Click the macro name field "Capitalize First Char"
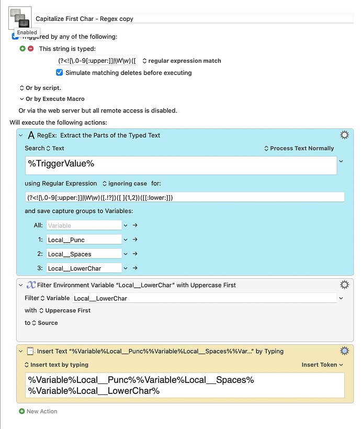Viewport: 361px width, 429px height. tap(194, 19)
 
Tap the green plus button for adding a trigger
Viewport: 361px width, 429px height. tap(22, 49)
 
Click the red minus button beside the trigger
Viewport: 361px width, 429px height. tap(30, 49)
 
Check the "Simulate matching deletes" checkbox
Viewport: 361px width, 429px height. tap(60, 73)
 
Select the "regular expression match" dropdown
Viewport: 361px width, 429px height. tap(182, 61)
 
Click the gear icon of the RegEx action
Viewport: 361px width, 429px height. tap(344, 135)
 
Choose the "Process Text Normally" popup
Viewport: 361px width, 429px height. tap(299, 149)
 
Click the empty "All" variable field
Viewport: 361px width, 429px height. tap(84, 225)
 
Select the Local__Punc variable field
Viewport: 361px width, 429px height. tap(84, 240)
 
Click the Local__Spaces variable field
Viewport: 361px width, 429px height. tap(84, 254)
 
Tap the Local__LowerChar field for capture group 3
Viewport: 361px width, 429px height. tap(84, 268)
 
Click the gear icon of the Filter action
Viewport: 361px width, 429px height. tap(344, 285)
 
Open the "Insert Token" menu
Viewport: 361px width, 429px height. tap(322, 365)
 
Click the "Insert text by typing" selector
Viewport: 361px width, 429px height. tap(57, 365)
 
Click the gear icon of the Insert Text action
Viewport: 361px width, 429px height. tap(344, 351)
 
